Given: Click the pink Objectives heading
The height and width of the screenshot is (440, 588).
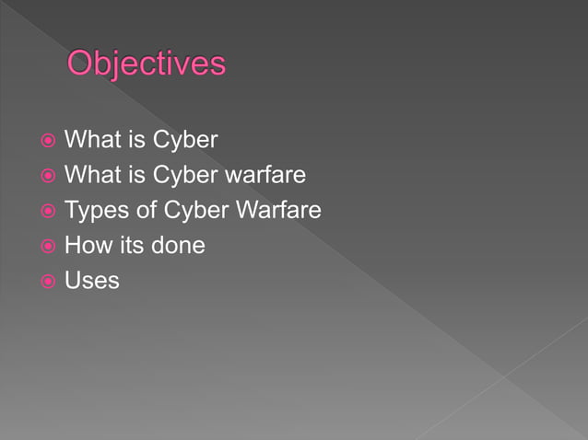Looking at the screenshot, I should pos(146,64).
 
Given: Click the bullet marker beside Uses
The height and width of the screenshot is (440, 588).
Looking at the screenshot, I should pos(48,280).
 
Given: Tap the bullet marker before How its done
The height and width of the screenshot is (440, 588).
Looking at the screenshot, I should pos(48,246).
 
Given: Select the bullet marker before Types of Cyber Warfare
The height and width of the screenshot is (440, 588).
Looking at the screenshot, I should pos(48,211).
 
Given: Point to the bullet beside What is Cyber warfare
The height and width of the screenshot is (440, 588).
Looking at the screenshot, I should pos(48,176).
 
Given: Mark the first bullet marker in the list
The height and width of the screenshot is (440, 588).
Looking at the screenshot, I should pos(48,141).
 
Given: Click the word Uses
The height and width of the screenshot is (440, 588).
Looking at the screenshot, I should pos(92,280).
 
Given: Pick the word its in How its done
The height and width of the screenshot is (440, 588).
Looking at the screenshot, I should pos(131,246).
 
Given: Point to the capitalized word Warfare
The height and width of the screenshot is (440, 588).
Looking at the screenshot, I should pos(277,210).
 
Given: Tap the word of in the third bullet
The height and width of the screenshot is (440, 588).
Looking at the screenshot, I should pos(146,210).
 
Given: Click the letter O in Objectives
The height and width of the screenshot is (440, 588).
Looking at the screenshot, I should pos(85,64).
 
